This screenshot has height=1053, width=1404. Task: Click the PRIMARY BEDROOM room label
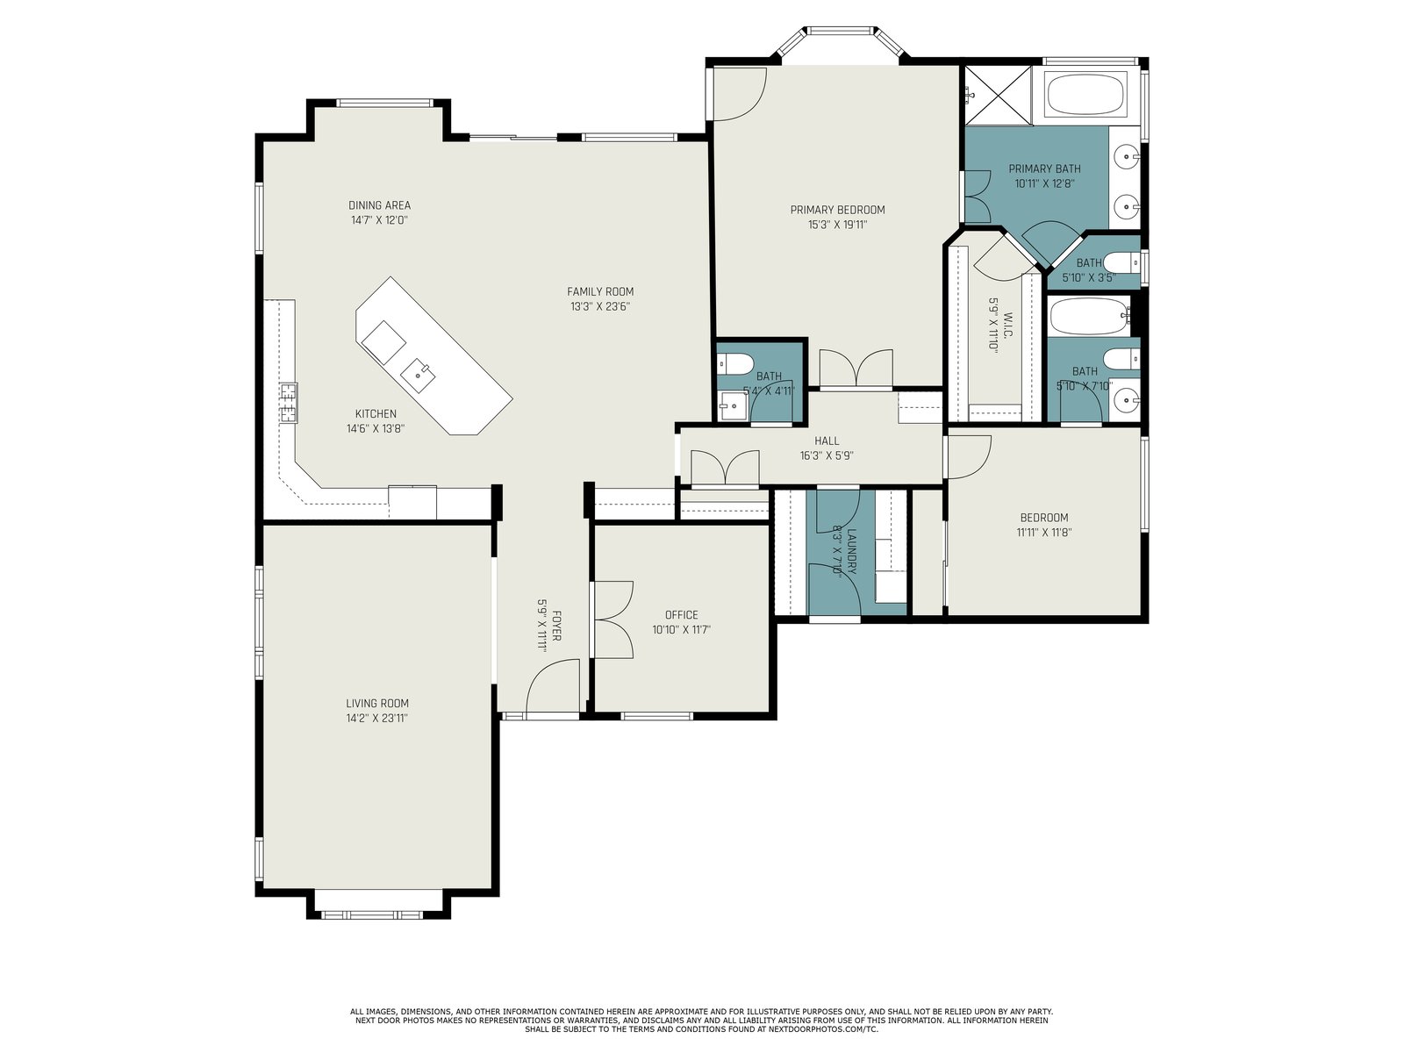[x=836, y=210]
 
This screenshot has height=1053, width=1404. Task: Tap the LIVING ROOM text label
[x=376, y=703]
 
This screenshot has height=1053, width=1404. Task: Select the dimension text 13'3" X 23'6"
[x=600, y=307]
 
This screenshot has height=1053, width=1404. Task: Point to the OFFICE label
[x=681, y=615]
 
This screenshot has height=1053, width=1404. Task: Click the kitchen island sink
[x=418, y=375]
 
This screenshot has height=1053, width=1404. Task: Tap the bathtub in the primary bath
[x=1086, y=95]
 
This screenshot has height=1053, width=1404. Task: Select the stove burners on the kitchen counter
[x=289, y=402]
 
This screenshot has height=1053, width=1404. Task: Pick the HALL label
[x=827, y=441]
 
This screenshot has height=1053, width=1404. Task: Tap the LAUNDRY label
[x=851, y=551]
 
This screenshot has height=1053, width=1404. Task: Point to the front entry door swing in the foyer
[x=553, y=685]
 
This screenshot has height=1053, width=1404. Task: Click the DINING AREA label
[x=379, y=205]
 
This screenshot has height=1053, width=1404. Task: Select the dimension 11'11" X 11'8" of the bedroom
[x=1044, y=533]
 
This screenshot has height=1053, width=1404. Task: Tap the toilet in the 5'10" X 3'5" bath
[x=1122, y=262]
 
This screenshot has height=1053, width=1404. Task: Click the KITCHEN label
[x=376, y=413]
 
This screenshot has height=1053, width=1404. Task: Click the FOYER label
[x=556, y=626]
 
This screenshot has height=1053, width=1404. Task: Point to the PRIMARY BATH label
[x=1044, y=168]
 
